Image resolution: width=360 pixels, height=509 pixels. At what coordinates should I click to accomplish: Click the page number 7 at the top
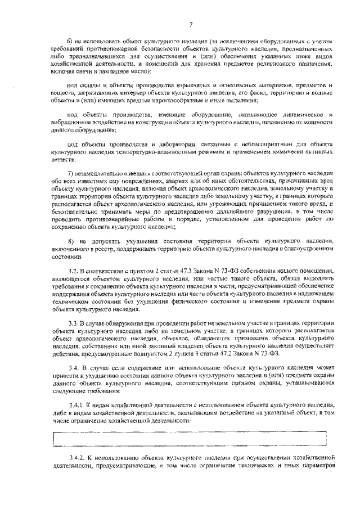click(191, 24)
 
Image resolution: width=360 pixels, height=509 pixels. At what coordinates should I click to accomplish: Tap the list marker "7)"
click(70, 174)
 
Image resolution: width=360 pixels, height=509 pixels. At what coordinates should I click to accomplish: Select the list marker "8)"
click(70, 240)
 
